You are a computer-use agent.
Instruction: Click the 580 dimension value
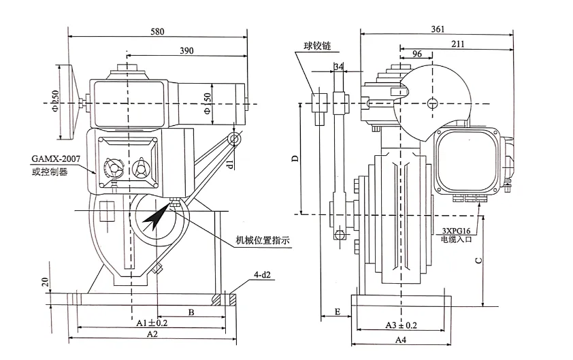point(157,31)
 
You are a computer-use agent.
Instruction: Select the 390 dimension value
point(186,51)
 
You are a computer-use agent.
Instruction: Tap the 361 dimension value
point(438,29)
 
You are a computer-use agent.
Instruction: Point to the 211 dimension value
point(457,44)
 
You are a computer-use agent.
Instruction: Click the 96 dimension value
point(417,54)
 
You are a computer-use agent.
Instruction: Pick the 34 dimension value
point(338,67)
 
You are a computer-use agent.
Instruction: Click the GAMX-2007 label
point(56,159)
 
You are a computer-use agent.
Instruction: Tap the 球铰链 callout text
point(318,46)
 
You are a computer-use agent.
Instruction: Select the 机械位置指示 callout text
point(263,240)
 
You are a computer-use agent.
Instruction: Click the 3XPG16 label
point(456,231)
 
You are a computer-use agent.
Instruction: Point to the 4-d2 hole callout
point(263,274)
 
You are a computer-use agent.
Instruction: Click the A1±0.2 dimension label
point(152,323)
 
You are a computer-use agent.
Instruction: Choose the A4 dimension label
point(401,340)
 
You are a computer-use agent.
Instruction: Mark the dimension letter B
point(191,312)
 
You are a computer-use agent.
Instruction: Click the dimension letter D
point(295,159)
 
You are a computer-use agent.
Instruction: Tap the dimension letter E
point(338,312)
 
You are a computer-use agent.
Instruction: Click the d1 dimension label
point(230,163)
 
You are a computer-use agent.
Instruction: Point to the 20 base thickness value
point(46,282)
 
